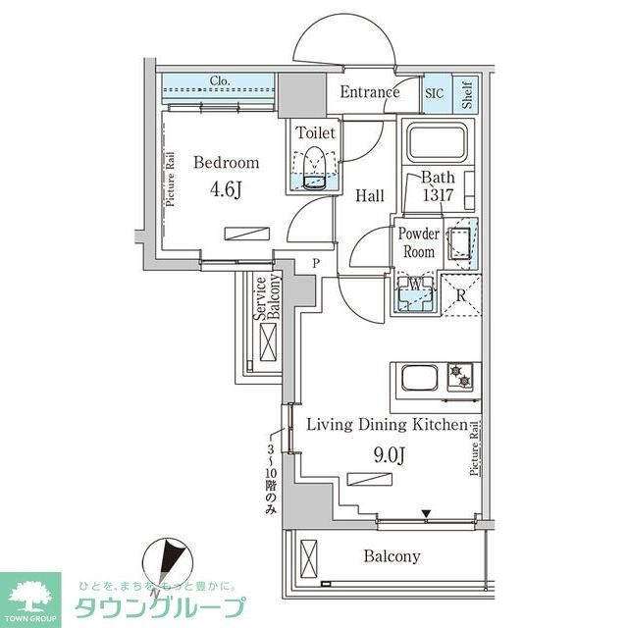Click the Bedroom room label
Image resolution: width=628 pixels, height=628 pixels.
point(226,163)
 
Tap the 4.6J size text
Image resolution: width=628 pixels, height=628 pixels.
point(226,188)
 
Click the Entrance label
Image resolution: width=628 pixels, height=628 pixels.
point(370,93)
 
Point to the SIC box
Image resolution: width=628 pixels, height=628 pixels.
point(435,93)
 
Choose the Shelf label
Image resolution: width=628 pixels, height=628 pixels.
point(467,94)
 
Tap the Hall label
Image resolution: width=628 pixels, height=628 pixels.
point(370,196)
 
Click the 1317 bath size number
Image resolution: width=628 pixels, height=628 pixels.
point(437,194)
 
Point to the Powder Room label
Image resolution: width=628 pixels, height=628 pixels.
point(418,242)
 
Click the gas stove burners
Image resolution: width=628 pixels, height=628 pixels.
point(461,377)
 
